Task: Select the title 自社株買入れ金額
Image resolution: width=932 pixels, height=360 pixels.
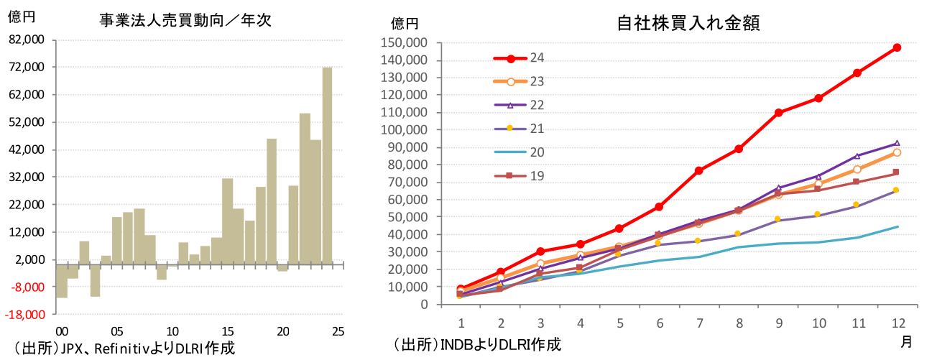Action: (689, 23)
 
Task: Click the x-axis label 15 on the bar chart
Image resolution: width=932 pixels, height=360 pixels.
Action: (227, 331)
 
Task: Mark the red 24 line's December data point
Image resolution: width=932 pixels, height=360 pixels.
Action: (897, 47)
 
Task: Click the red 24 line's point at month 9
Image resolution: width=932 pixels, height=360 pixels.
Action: (778, 113)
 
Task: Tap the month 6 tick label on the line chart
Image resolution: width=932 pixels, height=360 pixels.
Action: (659, 321)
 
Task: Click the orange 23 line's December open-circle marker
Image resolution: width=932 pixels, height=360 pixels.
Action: (897, 152)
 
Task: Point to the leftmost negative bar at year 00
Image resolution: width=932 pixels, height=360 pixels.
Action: (62, 280)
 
